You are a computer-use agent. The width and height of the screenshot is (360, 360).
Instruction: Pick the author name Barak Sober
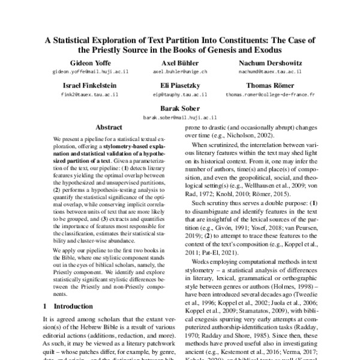179,110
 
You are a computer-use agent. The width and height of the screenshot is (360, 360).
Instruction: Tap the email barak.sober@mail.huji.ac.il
179,118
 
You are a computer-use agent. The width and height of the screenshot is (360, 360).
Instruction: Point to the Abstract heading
109,128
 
